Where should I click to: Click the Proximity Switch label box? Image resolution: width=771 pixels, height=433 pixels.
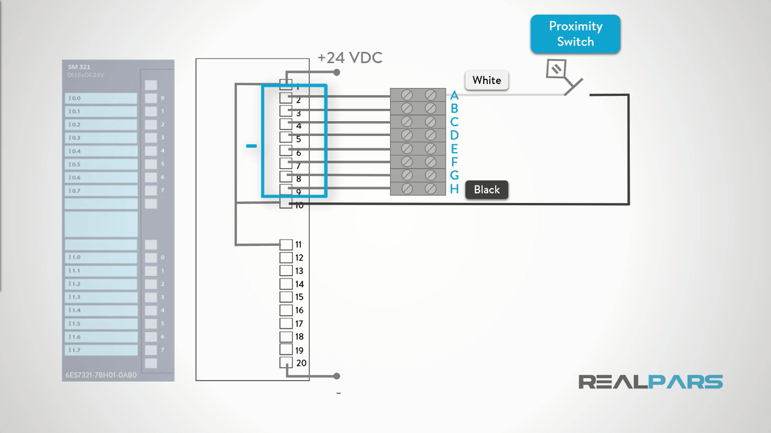tap(575, 34)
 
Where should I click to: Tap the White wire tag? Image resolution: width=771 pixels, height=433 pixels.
tap(487, 80)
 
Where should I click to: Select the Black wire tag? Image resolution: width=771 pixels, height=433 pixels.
tap(487, 190)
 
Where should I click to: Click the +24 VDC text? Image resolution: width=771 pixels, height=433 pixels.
tap(350, 58)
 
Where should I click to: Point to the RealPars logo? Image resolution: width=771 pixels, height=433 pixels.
tap(650, 382)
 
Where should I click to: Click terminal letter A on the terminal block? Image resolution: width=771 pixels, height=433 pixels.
tap(454, 96)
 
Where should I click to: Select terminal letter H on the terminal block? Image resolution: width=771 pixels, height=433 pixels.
tap(454, 189)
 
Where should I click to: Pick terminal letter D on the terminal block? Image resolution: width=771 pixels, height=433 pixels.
tap(454, 135)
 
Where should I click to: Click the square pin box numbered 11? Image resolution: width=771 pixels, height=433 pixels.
tap(286, 245)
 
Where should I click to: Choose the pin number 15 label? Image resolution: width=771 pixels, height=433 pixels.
tap(300, 297)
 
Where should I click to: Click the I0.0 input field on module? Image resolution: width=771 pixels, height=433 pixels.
tap(102, 98)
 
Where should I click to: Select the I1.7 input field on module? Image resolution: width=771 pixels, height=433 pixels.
tap(102, 350)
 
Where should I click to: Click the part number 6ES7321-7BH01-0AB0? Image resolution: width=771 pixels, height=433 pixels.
tap(100, 374)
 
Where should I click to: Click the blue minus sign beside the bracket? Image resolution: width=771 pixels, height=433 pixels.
tap(251, 147)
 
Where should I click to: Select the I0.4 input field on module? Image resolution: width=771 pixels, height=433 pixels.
tap(102, 151)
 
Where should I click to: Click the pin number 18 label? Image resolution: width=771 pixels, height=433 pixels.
tap(300, 337)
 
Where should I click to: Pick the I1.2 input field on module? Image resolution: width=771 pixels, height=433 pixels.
tap(102, 284)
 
